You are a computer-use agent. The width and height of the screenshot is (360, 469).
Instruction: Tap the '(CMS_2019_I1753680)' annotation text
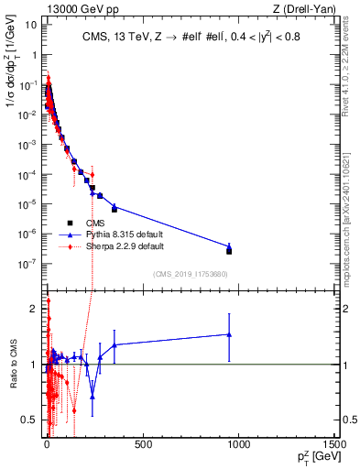[x=190, y=273]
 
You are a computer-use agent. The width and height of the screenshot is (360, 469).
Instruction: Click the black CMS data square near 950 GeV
[x=229, y=251]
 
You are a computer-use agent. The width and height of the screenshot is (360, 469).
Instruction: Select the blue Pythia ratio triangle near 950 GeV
[x=229, y=334]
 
